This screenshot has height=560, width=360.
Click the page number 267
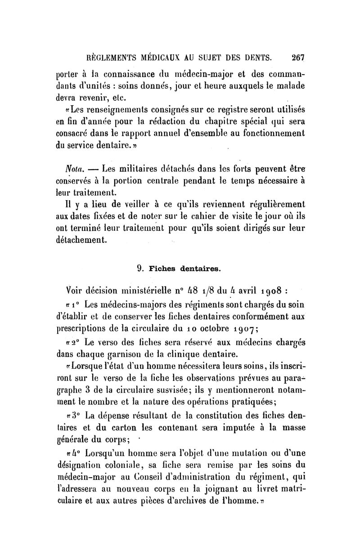coord(298,57)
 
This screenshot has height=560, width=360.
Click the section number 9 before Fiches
coord(139,269)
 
